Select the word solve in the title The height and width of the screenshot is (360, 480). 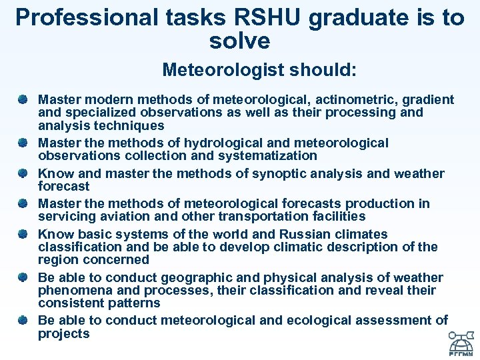tap(239, 41)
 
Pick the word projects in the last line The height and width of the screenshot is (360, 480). tap(63, 333)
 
